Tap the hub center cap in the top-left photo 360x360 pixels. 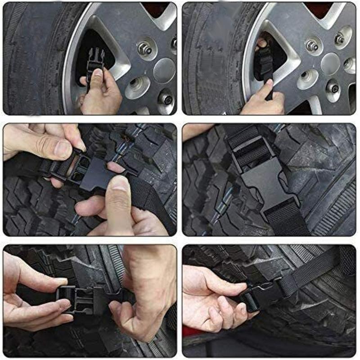(164, 70)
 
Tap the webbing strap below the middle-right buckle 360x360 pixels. (286, 218)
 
